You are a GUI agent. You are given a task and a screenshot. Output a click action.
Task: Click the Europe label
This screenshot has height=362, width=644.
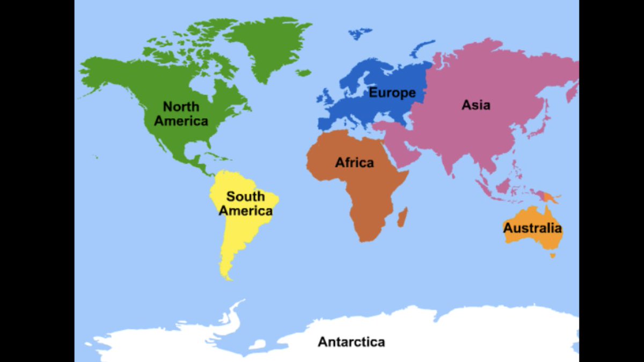point(392,93)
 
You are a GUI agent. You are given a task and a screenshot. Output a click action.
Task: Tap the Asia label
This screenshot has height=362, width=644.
point(476,105)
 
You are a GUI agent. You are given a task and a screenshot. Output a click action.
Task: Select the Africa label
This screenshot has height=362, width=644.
point(354,162)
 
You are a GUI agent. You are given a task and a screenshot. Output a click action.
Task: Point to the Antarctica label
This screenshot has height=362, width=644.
point(351,342)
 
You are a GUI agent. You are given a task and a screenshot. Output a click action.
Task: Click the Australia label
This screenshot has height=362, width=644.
point(532,228)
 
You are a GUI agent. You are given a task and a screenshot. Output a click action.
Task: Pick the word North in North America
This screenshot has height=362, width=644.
point(181,106)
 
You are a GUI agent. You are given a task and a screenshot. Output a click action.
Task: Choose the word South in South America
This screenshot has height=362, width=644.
point(245,196)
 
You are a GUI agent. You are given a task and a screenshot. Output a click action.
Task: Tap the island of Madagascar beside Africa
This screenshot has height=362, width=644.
point(402,217)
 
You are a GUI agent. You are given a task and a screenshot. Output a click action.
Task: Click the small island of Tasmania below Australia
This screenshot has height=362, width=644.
point(552,255)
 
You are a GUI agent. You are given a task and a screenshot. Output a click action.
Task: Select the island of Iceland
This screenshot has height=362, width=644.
point(304,72)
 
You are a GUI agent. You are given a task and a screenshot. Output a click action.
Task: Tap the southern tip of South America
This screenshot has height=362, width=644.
point(228,277)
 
